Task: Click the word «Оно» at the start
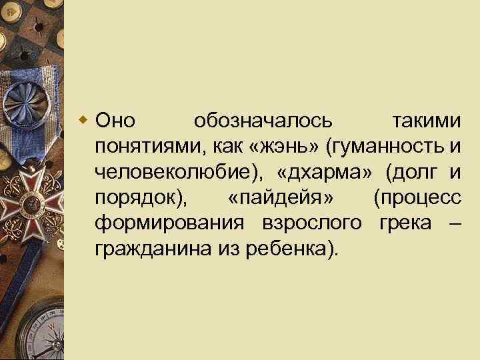tap(115, 121)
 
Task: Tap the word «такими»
tap(427, 121)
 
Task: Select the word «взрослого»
tap(306, 223)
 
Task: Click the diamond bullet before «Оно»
tap(83, 121)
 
